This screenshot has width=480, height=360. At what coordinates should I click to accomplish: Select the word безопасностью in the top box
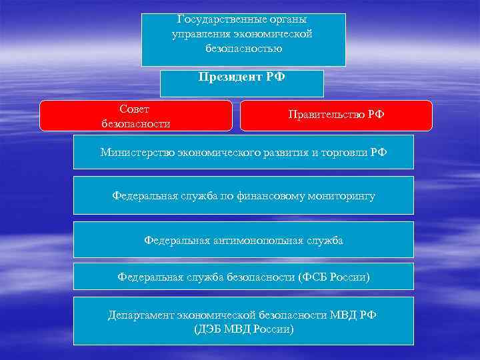[244, 48]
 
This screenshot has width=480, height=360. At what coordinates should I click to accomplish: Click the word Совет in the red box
[135, 109]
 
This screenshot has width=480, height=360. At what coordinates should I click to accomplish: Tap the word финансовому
[271, 196]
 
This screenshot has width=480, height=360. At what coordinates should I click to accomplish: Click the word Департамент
[139, 315]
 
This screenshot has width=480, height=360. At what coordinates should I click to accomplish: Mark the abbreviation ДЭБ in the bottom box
[209, 329]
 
